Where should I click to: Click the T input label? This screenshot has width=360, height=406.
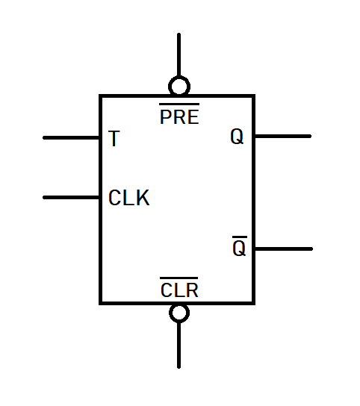coord(113,139)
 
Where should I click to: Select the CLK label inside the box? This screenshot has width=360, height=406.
coord(128,199)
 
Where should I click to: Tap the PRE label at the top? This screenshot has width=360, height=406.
coord(179,117)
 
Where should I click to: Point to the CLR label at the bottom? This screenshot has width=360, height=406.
coord(179,290)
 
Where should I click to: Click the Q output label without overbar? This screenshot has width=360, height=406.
coord(237,138)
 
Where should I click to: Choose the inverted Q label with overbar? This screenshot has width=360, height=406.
coord(239,249)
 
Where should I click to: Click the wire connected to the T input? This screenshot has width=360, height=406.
coord(72,138)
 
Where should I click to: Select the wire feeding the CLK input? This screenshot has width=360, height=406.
coord(72,198)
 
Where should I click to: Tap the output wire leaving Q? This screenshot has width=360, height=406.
coord(282,137)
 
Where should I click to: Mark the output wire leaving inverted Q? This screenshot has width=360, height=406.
coord(283,249)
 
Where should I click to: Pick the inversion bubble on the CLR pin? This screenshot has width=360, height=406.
coord(179,313)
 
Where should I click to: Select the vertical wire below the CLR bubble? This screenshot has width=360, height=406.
coord(179,345)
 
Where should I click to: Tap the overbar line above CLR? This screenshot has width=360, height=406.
coord(179,279)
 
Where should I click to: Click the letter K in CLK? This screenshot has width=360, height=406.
coord(142,199)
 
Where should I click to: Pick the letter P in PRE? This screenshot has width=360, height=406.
coord(167,118)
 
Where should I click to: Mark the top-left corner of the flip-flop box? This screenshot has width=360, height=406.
coord(101,96)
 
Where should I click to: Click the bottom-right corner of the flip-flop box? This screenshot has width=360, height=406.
coord(254,303)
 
